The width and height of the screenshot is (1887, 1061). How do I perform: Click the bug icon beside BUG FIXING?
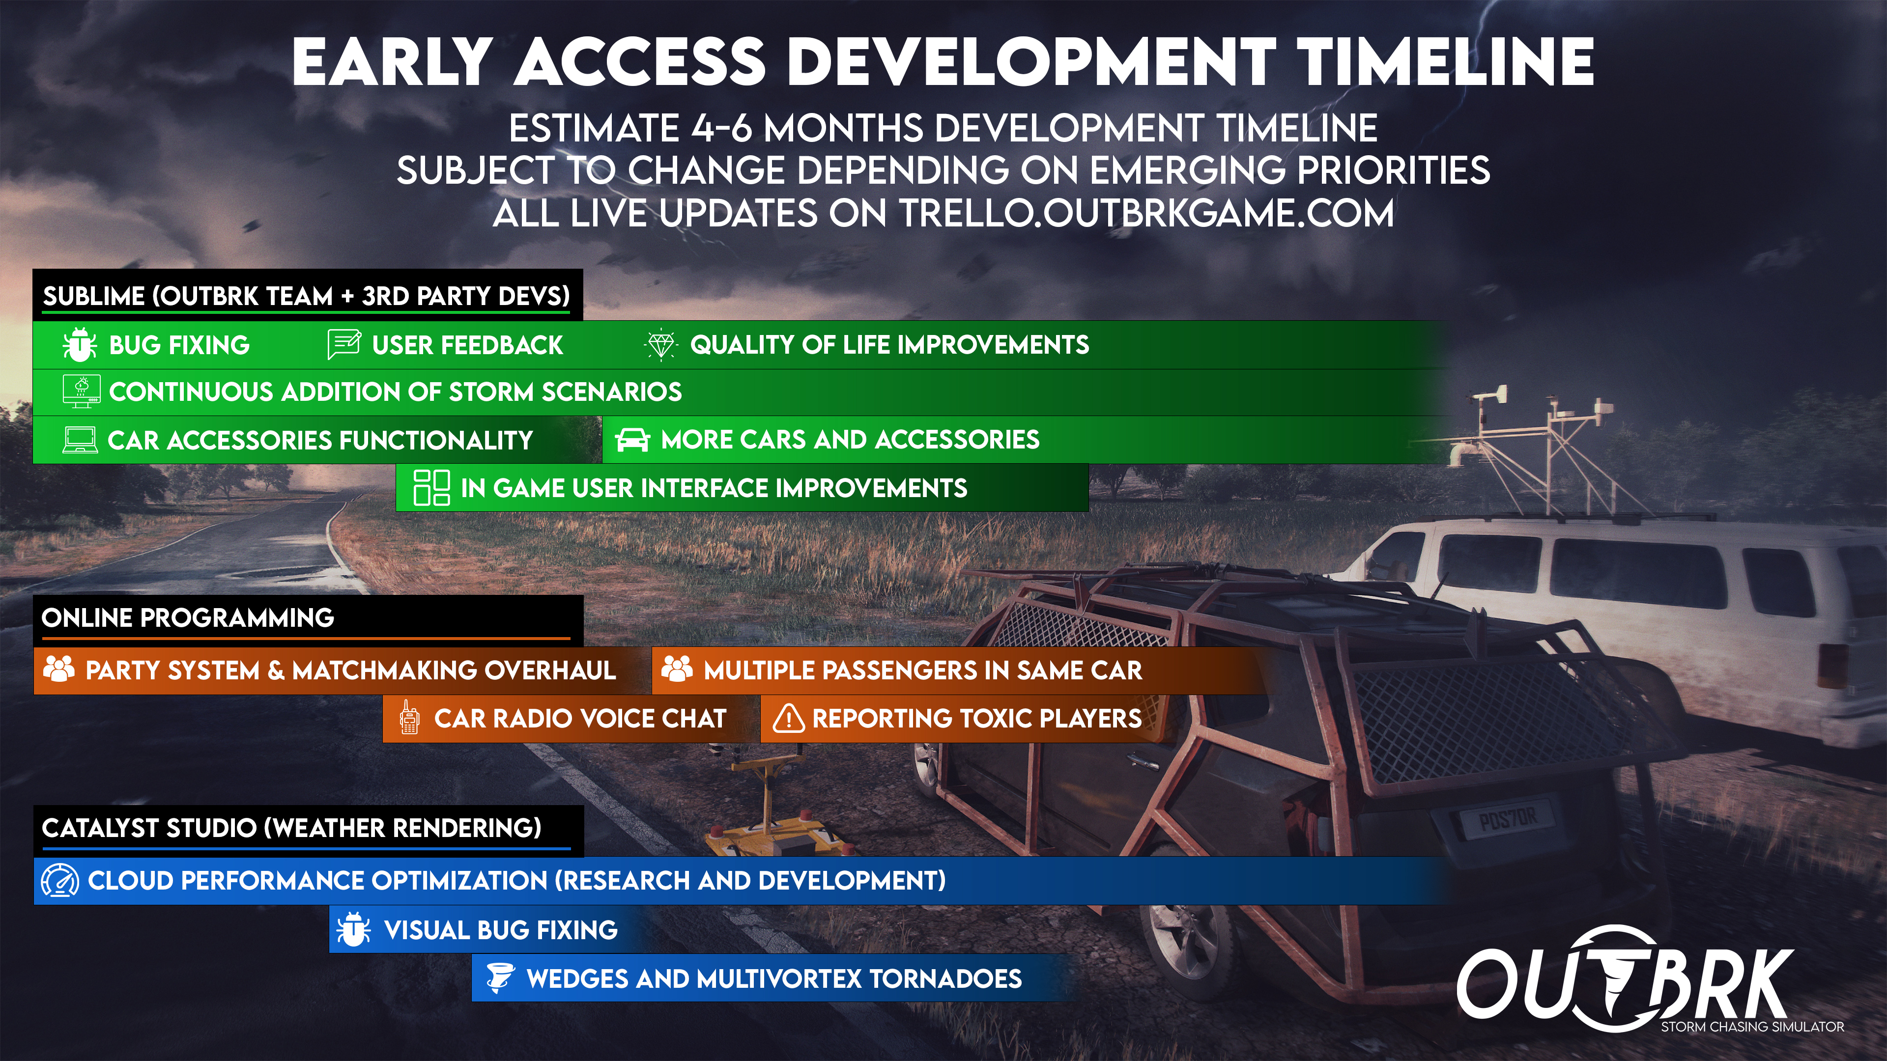(79, 345)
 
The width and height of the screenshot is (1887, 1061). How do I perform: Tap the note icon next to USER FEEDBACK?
(343, 344)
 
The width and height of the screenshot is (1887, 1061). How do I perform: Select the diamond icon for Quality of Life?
(661, 345)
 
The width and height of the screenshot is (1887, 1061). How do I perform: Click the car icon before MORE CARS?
(632, 439)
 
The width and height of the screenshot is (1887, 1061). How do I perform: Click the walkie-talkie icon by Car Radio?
(409, 718)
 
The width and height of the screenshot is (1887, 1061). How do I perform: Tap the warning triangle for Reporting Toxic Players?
(789, 718)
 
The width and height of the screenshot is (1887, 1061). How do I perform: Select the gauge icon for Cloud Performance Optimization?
(60, 880)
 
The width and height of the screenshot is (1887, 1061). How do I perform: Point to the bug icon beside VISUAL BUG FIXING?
(353, 930)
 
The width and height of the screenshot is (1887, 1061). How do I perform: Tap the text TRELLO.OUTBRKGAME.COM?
(1146, 214)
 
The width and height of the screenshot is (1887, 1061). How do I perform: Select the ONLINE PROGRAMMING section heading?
(188, 618)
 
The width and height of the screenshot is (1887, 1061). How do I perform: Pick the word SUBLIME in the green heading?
(94, 296)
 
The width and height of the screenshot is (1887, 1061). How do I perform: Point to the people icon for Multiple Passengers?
(677, 669)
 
